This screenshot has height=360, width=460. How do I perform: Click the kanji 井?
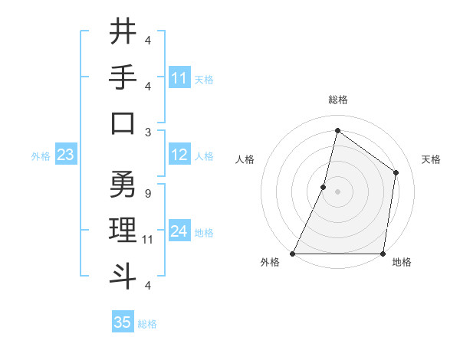click(123, 33)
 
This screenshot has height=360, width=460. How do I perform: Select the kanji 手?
click(123, 78)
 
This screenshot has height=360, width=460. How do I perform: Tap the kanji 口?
click(123, 123)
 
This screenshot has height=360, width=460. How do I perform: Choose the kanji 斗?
click(123, 275)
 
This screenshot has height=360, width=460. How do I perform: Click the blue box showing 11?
click(179, 78)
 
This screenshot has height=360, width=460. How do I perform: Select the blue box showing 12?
click(179, 155)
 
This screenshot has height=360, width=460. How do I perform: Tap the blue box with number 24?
click(179, 231)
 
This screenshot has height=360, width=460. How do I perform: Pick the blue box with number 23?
click(65, 155)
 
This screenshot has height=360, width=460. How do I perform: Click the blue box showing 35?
click(123, 322)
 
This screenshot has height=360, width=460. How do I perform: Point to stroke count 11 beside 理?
click(149, 240)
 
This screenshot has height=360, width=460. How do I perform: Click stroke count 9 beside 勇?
click(147, 195)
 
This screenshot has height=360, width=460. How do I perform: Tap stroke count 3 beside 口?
click(147, 133)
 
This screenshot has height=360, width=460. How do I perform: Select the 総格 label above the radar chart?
click(337, 100)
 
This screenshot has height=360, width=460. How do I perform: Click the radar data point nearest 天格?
click(396, 172)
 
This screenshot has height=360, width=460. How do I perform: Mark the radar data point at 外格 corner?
click(293, 254)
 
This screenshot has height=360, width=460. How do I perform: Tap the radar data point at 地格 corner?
click(383, 254)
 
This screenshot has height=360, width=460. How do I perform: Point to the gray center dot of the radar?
click(337, 191)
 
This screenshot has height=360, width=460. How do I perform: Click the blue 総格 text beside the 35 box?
click(147, 324)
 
